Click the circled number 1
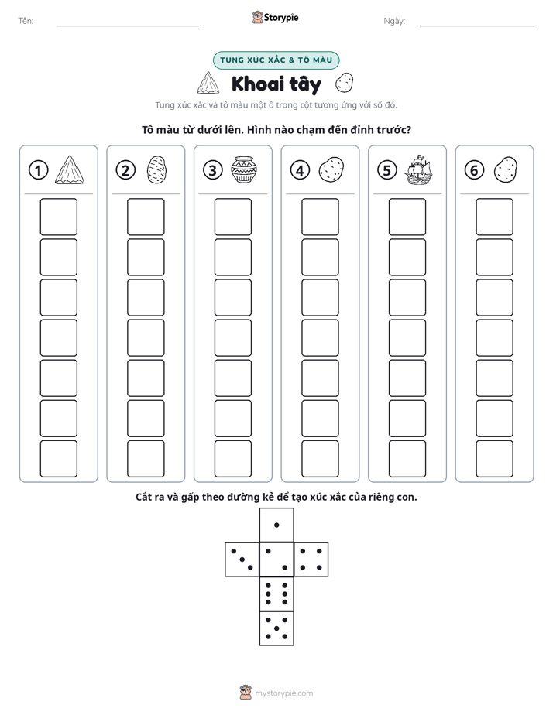pos(38,170)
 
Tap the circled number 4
pos(300,170)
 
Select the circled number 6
pos(474,170)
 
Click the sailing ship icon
pos(418,169)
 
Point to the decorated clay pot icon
pos(244,169)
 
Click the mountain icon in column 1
pos(70,169)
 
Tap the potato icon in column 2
pos(157,169)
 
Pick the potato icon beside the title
pos(344,83)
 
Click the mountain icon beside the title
pos(208,83)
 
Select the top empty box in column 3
pos(232,217)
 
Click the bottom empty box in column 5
pos(407,459)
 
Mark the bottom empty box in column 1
pos(58,459)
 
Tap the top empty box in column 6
pos(495,217)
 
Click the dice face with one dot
pos(276,525)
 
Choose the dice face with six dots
pos(276,594)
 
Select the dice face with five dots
pos(276,628)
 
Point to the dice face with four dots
pos(311,559)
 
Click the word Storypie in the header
pos(281,18)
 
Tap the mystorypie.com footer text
pos(283,693)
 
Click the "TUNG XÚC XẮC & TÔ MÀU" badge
pos(276,60)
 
